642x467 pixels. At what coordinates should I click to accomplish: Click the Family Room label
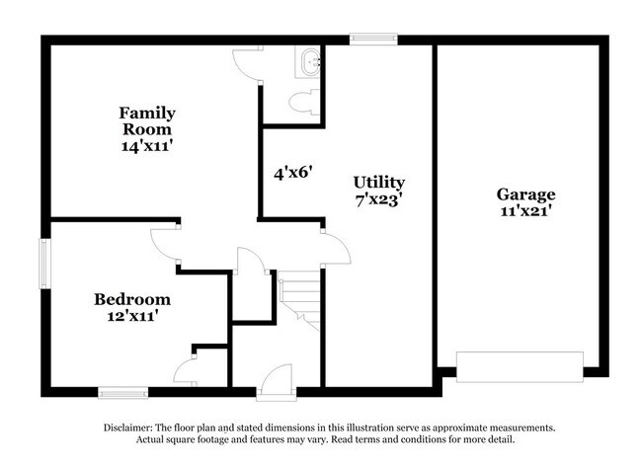point(146,120)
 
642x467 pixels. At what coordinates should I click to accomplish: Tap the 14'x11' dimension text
point(146,145)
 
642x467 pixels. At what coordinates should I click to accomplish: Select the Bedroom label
point(132,299)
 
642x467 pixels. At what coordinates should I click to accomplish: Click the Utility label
point(379,183)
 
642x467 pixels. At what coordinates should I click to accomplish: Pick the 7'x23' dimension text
point(378,198)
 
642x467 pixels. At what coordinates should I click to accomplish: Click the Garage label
point(525,195)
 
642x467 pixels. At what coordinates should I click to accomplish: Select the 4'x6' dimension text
point(293,172)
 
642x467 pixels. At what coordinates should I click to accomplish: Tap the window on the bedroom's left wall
point(44,263)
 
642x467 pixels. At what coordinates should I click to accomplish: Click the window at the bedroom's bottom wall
point(123,392)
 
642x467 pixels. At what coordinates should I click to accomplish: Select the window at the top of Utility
point(373,39)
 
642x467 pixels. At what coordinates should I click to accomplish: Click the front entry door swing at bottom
point(278,378)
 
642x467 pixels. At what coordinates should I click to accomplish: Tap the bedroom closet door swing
point(185,372)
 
